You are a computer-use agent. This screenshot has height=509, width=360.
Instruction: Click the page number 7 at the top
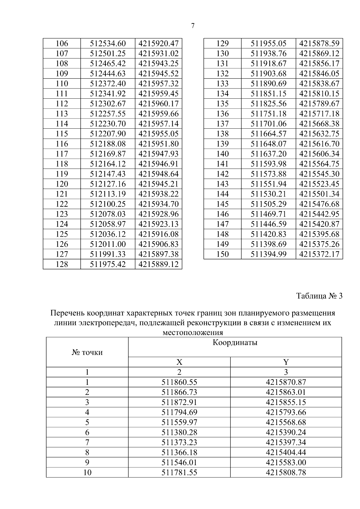tap(193, 26)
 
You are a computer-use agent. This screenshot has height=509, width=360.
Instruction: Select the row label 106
tap(62, 43)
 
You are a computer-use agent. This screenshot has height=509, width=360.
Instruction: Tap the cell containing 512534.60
tap(108, 43)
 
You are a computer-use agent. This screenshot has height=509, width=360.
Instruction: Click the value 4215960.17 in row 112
tap(158, 104)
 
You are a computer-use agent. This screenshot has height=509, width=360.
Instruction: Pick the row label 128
tap(62, 264)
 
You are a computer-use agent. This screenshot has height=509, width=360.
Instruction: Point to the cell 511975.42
tap(108, 264)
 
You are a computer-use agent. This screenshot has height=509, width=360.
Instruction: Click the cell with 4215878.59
tap(319, 43)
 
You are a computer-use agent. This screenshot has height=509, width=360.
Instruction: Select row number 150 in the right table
tap(222, 254)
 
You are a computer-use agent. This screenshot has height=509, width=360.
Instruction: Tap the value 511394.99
tap(268, 254)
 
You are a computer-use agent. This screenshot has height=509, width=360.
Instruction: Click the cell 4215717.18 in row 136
tap(319, 114)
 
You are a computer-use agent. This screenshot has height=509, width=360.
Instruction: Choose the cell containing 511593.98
tap(268, 164)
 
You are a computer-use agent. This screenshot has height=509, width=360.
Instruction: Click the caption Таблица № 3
tap(319, 296)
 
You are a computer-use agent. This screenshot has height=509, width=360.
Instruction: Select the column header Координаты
tap(235, 343)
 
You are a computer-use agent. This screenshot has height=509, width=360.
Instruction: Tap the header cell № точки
tap(87, 352)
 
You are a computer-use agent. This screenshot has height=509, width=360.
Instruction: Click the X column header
tap(179, 362)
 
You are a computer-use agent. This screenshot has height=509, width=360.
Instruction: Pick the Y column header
tap(286, 362)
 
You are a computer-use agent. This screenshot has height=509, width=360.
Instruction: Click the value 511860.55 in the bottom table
tap(179, 382)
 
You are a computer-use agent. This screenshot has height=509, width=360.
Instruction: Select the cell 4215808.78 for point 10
tap(286, 473)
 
